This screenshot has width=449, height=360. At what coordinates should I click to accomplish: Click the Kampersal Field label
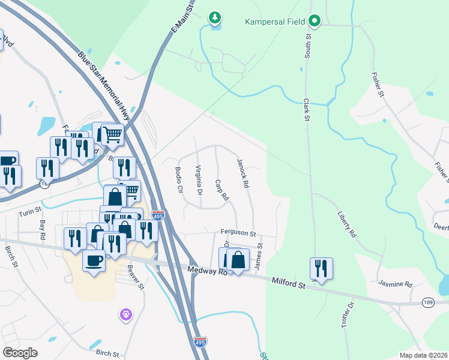(276, 22)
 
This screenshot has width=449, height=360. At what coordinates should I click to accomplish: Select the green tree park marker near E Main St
(215, 19)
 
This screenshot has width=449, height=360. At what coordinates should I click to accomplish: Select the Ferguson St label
(238, 233)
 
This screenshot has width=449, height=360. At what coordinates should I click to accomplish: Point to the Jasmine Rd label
(396, 283)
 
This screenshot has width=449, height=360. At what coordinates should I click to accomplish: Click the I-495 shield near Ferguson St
(157, 214)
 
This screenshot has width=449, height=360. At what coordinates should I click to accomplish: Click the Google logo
(20, 352)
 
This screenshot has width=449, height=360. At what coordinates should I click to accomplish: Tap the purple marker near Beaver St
(125, 313)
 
